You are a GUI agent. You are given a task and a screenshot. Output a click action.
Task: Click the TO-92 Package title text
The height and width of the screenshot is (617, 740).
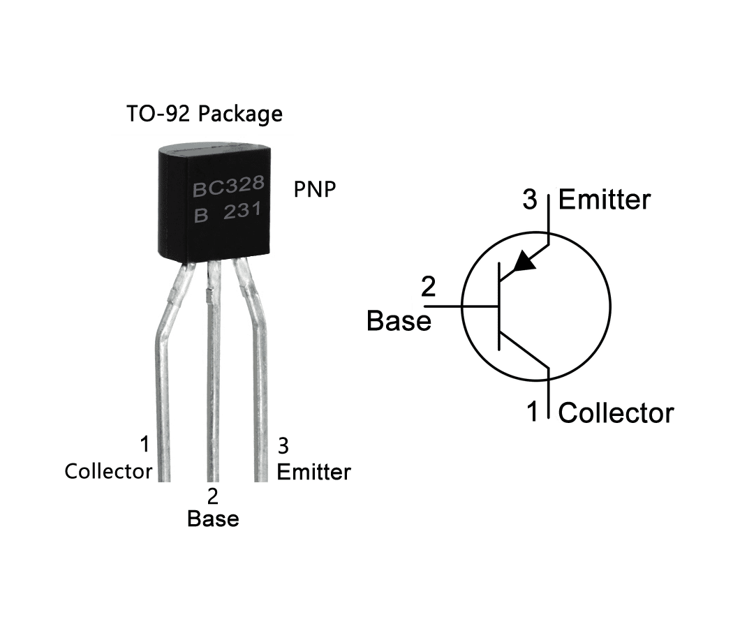(204, 114)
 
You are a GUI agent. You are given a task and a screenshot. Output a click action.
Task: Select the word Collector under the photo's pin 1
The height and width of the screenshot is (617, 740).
(108, 472)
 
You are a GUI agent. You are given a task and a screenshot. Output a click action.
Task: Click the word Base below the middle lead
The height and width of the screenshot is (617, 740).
(213, 519)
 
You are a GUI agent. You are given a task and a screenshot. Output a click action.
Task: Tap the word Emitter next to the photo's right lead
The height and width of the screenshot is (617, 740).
(313, 472)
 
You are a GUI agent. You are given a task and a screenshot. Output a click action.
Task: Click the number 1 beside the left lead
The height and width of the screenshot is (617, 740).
(145, 445)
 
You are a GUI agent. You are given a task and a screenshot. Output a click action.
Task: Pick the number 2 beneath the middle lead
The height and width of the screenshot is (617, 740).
(213, 497)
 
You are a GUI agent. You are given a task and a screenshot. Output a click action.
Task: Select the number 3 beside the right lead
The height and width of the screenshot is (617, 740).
(283, 445)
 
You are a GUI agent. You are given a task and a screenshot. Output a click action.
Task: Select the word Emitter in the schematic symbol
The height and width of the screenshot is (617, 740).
(605, 200)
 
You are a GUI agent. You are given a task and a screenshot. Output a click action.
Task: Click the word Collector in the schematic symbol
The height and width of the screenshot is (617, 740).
(616, 412)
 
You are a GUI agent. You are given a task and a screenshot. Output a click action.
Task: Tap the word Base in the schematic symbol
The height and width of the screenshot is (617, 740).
(399, 321)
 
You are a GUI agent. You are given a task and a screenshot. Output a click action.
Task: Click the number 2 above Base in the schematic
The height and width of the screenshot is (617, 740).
(429, 287)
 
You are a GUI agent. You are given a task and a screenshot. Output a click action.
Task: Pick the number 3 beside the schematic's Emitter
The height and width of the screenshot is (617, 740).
(531, 200)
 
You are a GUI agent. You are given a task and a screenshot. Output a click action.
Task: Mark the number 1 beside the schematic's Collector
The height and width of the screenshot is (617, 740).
(533, 412)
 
